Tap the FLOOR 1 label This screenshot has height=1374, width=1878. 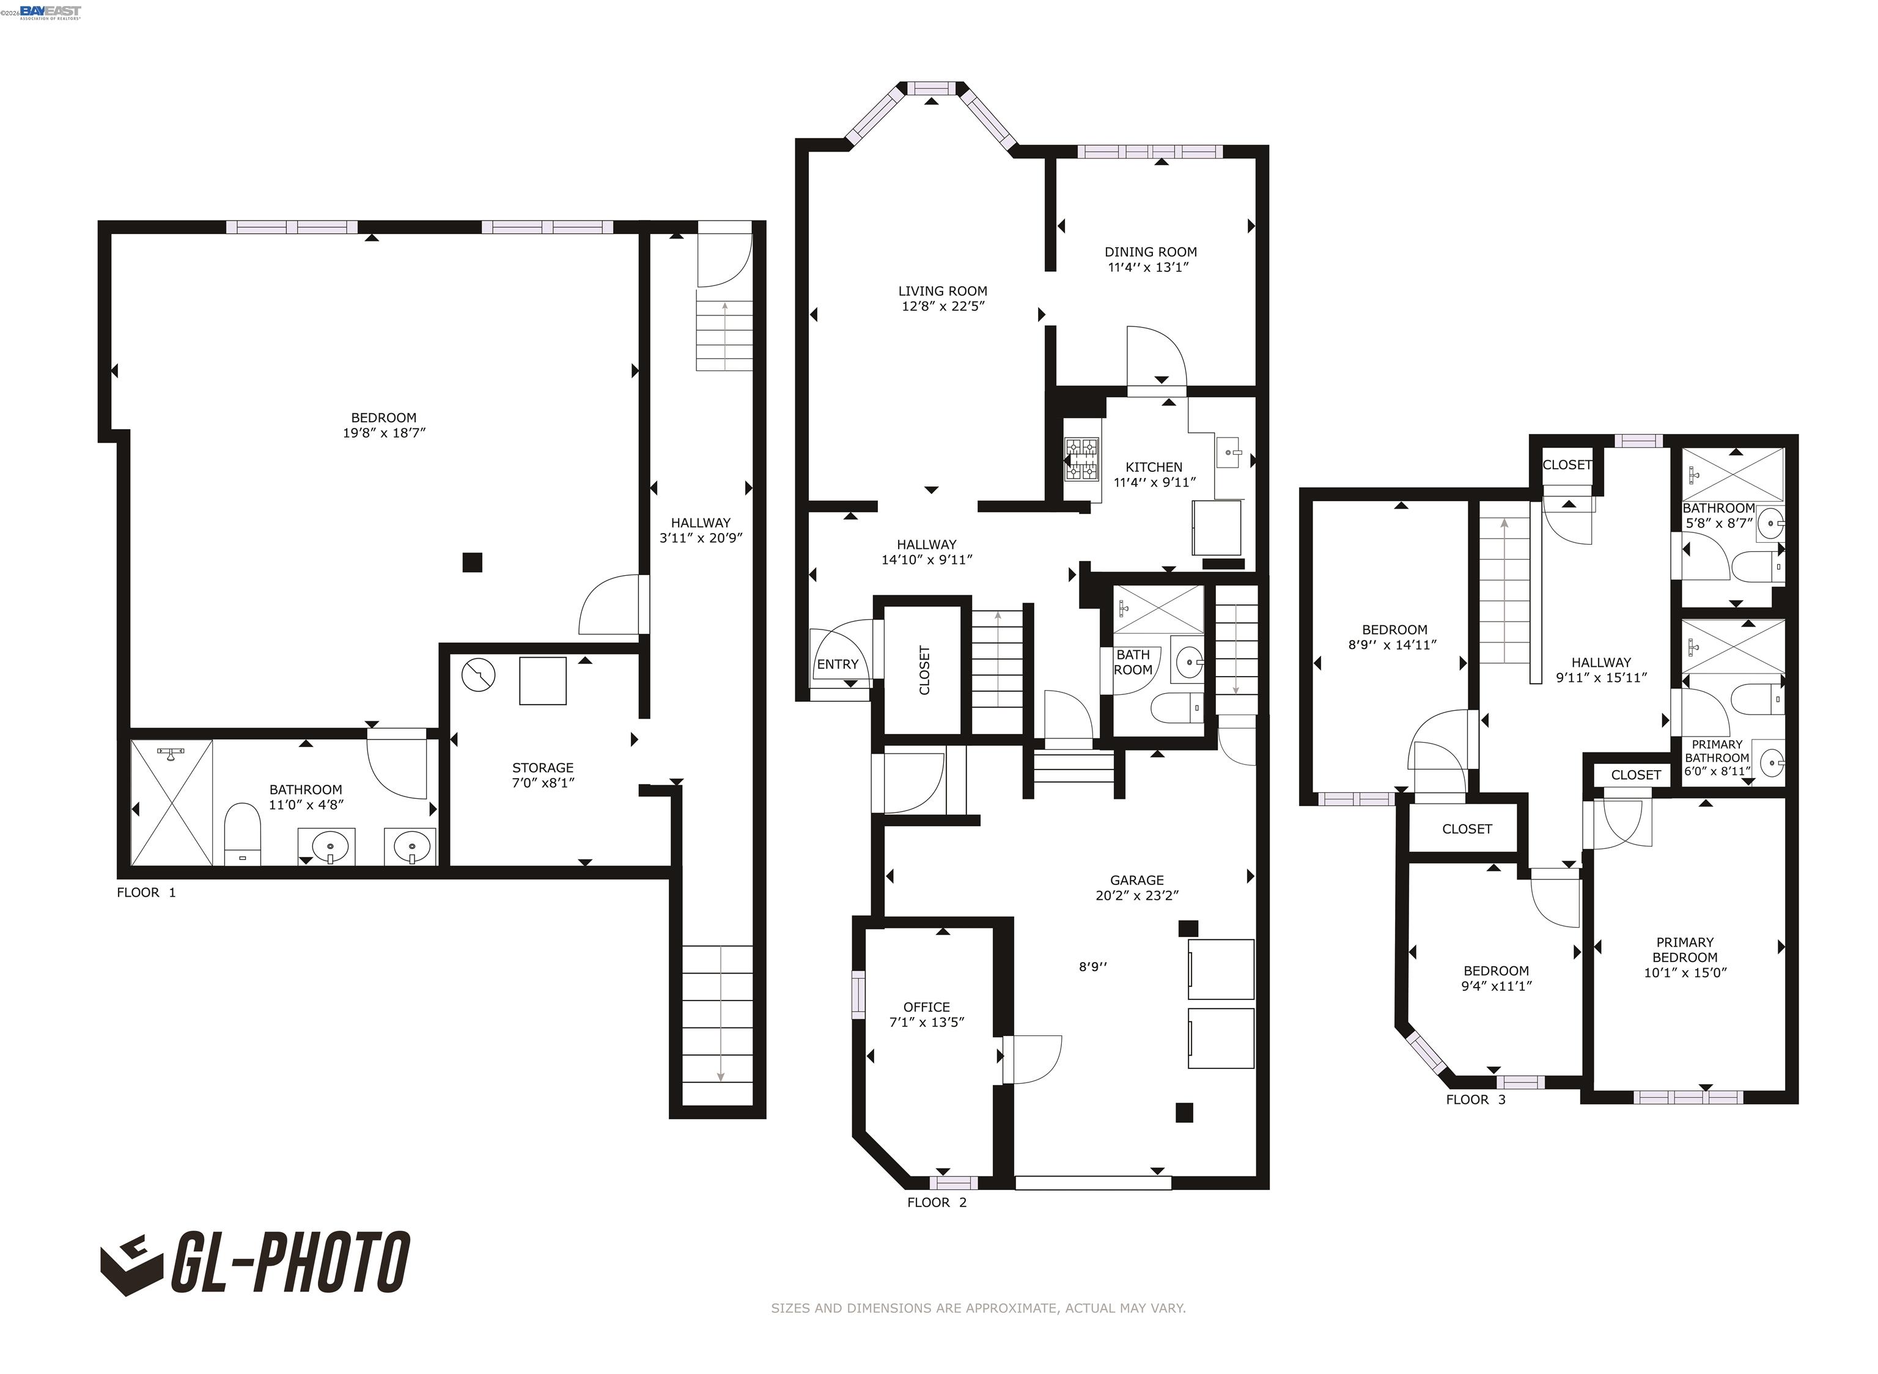(146, 892)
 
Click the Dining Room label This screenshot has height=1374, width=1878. (1151, 251)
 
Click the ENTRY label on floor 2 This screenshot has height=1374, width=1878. (837, 664)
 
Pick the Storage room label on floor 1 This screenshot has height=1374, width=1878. (542, 768)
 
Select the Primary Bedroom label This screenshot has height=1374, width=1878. (1684, 949)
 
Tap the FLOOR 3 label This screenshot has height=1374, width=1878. (1476, 1100)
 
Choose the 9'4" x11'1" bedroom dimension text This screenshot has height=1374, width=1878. (1497, 986)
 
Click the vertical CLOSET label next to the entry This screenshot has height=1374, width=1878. (924, 669)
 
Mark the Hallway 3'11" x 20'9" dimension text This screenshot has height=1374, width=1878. (701, 537)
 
